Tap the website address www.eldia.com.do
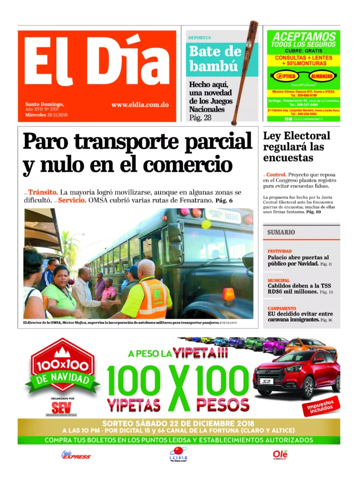click(139, 105)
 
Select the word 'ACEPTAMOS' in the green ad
click(303, 36)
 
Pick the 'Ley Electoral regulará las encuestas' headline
click(296, 146)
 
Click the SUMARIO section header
click(281, 232)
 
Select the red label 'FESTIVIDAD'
click(279, 251)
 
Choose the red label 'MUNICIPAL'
click(279, 280)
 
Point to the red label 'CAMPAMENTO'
click(282, 308)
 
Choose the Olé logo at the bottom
click(280, 454)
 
